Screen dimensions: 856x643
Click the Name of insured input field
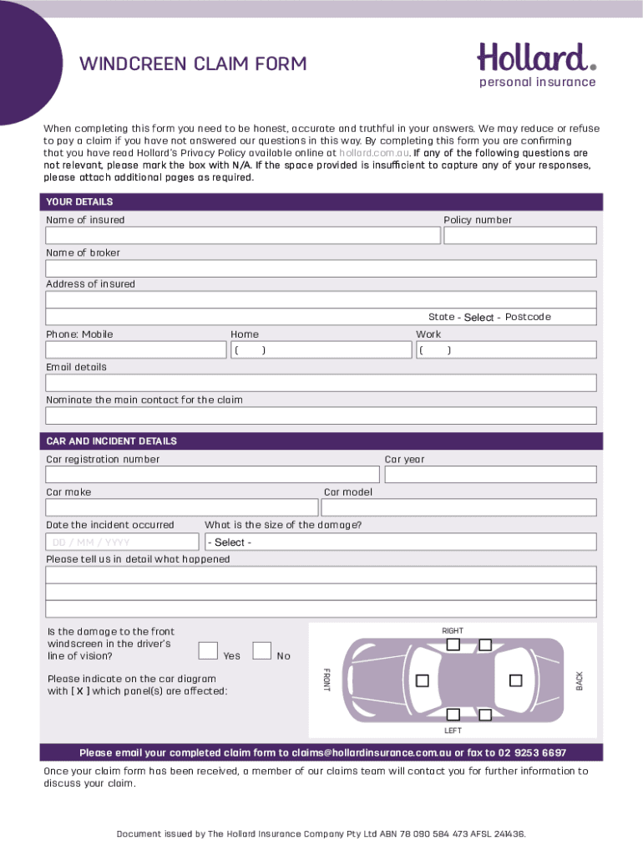[x=242, y=236]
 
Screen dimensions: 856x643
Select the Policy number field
[x=519, y=236]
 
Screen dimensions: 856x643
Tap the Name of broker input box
[x=321, y=268]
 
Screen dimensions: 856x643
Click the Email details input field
[x=321, y=383]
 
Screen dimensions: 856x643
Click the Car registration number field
[x=212, y=475]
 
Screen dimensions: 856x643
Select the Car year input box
[x=489, y=475]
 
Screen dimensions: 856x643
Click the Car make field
[x=181, y=507]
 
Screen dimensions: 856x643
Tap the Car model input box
[x=458, y=507]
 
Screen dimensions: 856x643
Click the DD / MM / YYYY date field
[x=124, y=542]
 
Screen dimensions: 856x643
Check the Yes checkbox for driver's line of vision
[x=209, y=650]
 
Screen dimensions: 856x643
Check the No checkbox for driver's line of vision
[x=261, y=650]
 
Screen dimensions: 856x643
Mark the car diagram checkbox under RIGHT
[x=453, y=644]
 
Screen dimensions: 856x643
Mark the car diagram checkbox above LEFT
[x=453, y=715]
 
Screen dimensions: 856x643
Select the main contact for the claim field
[x=321, y=415]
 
